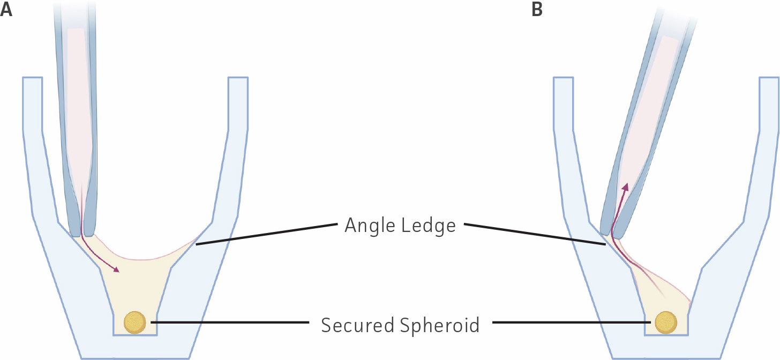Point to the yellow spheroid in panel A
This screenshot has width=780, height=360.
[x=134, y=322]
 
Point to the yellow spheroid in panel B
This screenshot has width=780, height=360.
[x=666, y=322]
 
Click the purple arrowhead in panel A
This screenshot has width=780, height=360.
[x=116, y=269]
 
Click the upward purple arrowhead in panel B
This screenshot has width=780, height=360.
[x=625, y=187]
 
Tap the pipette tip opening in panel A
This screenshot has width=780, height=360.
[x=82, y=235]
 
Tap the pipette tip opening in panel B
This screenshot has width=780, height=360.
[x=611, y=236]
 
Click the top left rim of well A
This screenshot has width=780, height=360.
[x=32, y=78]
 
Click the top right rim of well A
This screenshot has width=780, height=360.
[x=238, y=78]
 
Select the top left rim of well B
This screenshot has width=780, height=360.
[x=563, y=78]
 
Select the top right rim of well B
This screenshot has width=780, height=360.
[x=769, y=78]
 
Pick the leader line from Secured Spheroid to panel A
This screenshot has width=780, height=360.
[x=230, y=322]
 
